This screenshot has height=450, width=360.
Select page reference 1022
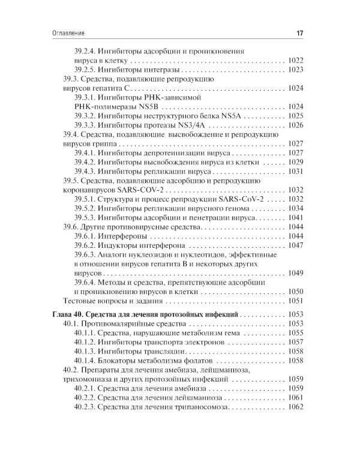tap(296, 61)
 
